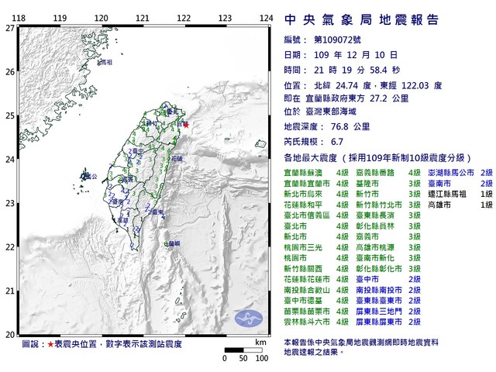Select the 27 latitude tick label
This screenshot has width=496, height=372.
coord(10,28)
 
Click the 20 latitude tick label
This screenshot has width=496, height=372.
coord(10,335)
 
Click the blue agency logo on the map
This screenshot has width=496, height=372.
coord(250,319)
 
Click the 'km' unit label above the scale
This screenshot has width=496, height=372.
coord(260,341)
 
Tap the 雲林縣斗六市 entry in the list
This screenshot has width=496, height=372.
coord(307,321)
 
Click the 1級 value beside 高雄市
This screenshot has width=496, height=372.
coord(487,205)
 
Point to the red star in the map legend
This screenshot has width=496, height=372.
coord(51,343)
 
